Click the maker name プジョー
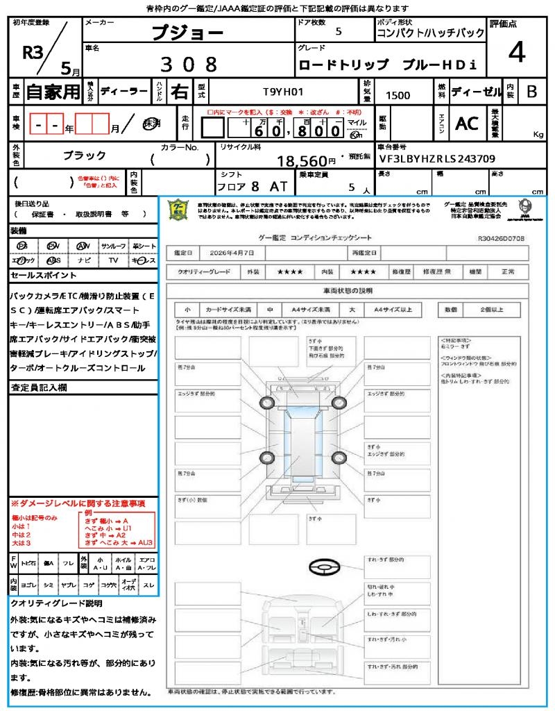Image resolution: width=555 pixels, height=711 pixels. [187, 33]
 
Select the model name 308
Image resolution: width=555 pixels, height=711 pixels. [189, 65]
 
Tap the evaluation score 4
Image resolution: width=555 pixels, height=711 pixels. [516, 53]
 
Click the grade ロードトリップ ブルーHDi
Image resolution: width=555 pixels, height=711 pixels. [387, 65]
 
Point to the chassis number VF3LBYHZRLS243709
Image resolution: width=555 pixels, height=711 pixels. [436, 158]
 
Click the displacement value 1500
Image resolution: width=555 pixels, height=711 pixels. [398, 96]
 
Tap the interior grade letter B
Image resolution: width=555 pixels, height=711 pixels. [531, 91]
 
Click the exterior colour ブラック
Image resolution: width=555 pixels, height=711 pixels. [85, 156]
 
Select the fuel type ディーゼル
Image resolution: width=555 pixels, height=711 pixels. [477, 91]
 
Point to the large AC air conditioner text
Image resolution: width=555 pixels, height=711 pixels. [467, 124]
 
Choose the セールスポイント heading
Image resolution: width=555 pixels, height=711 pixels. [39, 276]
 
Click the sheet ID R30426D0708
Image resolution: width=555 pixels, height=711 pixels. [501, 238]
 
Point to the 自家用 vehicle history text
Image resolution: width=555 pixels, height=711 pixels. [53, 91]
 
